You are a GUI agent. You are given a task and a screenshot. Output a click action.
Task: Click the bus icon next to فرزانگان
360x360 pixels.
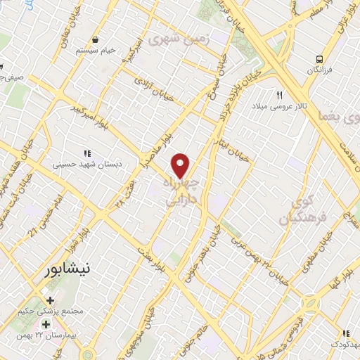(320, 59)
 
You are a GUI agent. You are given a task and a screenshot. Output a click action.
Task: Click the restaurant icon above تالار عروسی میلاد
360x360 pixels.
(279, 95)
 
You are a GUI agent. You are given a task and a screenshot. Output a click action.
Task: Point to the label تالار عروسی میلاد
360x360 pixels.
(279, 106)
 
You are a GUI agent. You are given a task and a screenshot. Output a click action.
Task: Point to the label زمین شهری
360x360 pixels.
(204, 37)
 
